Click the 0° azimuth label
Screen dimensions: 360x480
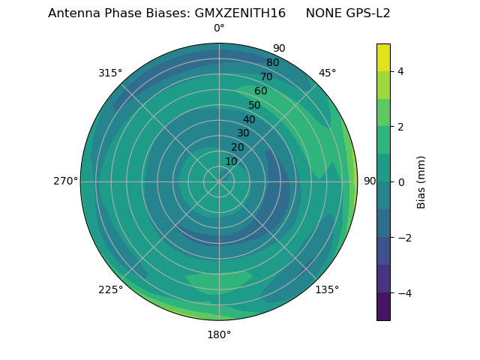(219, 28)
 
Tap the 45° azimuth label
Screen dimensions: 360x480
(327, 73)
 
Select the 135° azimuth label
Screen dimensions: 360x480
(327, 289)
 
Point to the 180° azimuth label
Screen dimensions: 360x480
(219, 334)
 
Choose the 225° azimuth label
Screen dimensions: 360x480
(110, 289)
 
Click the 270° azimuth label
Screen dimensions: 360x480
(65, 181)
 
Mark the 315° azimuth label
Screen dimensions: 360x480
(110, 73)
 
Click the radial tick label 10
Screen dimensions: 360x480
(231, 161)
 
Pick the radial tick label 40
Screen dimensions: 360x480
(249, 119)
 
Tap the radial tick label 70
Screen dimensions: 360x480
(266, 76)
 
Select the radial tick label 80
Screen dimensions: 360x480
(272, 62)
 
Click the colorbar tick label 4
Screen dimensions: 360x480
(400, 71)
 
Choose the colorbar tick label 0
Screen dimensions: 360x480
(400, 182)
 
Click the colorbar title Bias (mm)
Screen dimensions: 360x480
(421, 181)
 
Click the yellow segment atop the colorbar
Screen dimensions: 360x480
(383, 57)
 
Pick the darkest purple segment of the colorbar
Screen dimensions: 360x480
(383, 306)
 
